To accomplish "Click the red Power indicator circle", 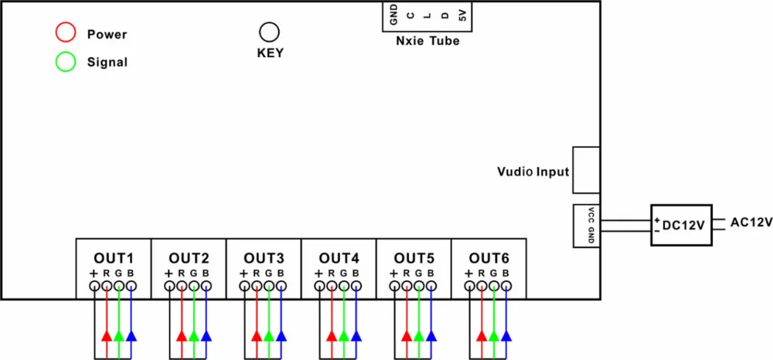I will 66,32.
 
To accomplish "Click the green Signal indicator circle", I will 66,62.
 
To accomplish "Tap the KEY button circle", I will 269,32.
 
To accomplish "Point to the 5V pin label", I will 462,15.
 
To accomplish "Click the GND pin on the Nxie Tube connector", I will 393,14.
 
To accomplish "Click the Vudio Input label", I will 533,172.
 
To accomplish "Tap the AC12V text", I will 751,222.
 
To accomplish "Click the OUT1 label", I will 114,257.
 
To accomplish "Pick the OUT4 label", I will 339,257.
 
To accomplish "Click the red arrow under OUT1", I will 107,335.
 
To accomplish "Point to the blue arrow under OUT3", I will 281,335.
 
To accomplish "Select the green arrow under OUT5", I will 419,335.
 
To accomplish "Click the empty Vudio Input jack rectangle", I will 586,171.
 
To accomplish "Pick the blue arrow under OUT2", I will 206,335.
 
